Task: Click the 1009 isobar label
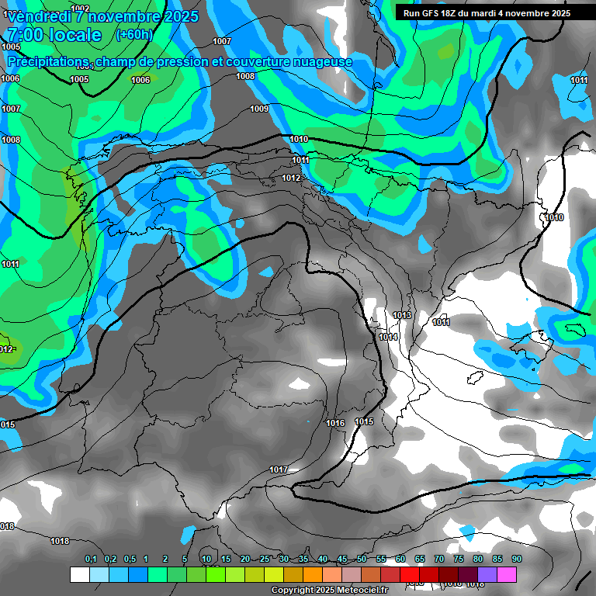pyautogui.click(x=259, y=109)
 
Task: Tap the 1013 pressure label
pyautogui.click(x=402, y=315)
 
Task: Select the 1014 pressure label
pyautogui.click(x=389, y=337)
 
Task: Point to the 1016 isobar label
pyautogui.click(x=335, y=423)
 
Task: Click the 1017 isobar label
pyautogui.click(x=279, y=470)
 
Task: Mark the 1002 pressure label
pyautogui.click(x=79, y=9)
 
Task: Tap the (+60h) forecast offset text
pyautogui.click(x=134, y=34)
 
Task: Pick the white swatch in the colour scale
pyautogui.click(x=79, y=574)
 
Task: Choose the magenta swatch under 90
pyautogui.click(x=507, y=574)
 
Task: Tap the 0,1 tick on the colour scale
pyautogui.click(x=91, y=560)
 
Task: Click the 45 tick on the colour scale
pyautogui.click(x=342, y=560)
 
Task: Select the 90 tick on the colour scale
pyautogui.click(x=516, y=560)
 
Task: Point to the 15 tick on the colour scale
pyautogui.click(x=226, y=560)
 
